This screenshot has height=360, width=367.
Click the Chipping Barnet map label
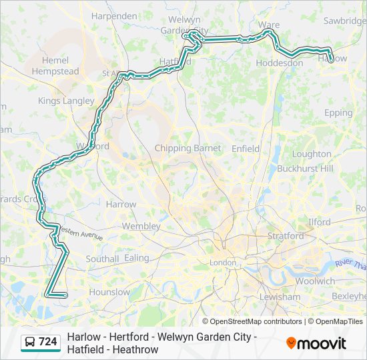pyautogui.click(x=183, y=148)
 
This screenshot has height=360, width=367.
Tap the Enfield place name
pyautogui.click(x=246, y=149)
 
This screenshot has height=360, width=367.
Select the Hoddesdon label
pyautogui.click(x=279, y=63)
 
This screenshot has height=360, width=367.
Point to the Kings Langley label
pyautogui.click(x=66, y=101)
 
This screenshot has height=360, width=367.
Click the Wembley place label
pyautogui.click(x=141, y=226)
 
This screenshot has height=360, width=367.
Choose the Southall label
pyautogui.click(x=102, y=259)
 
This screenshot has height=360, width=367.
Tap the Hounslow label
pyautogui.click(x=109, y=292)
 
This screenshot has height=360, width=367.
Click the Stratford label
pyautogui.click(x=286, y=235)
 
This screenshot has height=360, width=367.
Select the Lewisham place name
pyautogui.click(x=280, y=296)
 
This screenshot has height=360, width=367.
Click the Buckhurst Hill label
pyautogui.click(x=305, y=169)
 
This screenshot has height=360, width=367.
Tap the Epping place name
pyautogui.click(x=338, y=113)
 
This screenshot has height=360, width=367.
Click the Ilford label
pyautogui.click(x=320, y=222)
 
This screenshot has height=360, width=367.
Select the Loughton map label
pyautogui.click(x=312, y=153)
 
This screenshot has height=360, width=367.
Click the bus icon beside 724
pyautogui.click(x=31, y=342)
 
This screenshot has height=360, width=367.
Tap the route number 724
pyautogui.click(x=48, y=342)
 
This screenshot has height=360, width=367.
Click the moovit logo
pyautogui.click(x=316, y=343)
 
